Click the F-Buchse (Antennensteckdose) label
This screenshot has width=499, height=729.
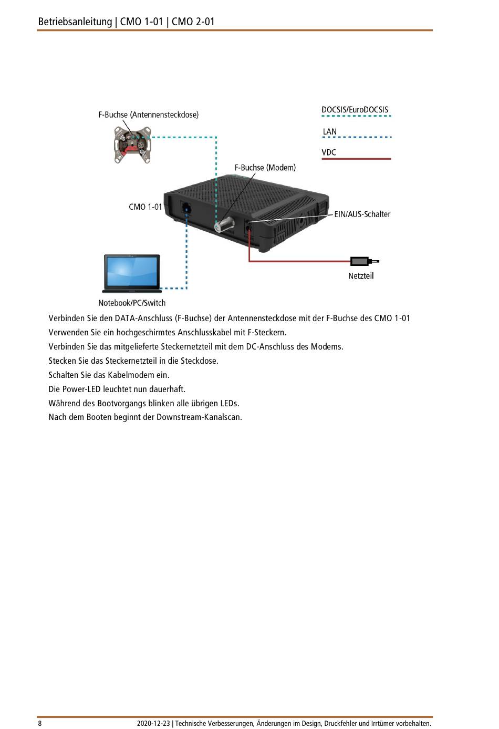tap(148, 115)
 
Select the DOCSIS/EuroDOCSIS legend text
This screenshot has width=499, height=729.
tap(355, 110)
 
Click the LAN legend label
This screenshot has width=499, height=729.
tap(330, 131)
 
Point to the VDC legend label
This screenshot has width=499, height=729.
tap(329, 152)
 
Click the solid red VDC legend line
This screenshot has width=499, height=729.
tap(356, 158)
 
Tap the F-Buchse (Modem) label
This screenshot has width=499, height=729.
tap(265, 168)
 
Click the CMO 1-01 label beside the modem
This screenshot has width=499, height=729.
tap(145, 207)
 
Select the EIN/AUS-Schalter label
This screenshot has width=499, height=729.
tap(362, 214)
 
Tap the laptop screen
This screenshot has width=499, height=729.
tap(131, 272)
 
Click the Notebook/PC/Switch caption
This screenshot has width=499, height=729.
tap(132, 303)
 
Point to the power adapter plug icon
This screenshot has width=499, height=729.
tap(363, 261)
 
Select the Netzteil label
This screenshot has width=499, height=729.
tap(361, 276)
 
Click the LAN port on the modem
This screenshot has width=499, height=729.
tap(185, 207)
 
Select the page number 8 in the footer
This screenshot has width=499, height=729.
tap(40, 723)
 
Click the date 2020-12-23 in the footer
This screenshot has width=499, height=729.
tap(153, 723)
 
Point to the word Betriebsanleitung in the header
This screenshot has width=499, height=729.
tap(75, 22)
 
